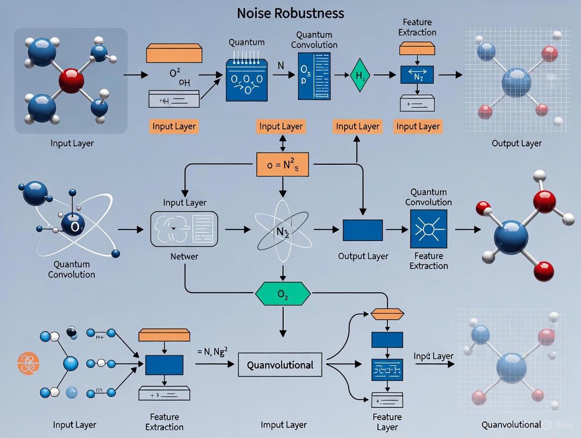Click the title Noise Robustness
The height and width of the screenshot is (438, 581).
click(290, 13)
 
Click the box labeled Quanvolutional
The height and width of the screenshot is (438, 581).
click(280, 365)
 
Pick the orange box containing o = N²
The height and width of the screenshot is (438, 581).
click(283, 164)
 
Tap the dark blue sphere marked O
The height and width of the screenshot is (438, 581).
click(73, 226)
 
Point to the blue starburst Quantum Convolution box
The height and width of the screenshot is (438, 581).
click(428, 229)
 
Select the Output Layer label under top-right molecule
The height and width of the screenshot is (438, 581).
click(516, 143)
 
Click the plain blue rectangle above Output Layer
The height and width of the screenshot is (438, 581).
click(363, 230)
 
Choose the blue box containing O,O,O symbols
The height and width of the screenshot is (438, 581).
click(246, 80)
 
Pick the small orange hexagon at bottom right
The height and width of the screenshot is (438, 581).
click(387, 315)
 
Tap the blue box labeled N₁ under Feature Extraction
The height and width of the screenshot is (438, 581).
click(417, 75)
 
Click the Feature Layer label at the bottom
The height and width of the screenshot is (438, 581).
click(387, 422)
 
